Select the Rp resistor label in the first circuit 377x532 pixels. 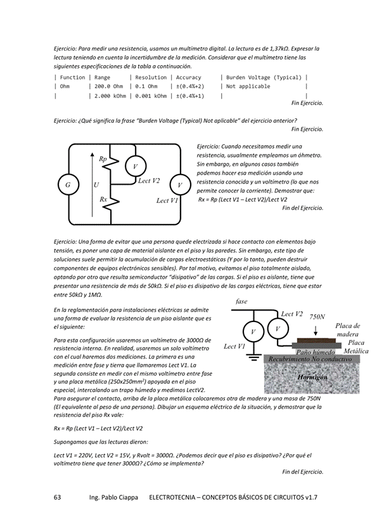point(103,158)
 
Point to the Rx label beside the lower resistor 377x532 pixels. point(103,199)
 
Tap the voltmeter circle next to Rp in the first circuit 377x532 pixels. point(134,166)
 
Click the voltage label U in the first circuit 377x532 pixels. point(96,185)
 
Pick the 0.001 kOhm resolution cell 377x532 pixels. point(148,96)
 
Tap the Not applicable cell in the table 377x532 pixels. point(248,86)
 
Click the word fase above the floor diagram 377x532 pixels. point(241,302)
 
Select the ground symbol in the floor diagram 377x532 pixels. point(253,357)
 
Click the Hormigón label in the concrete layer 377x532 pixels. point(312,376)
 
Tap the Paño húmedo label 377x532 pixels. point(316,351)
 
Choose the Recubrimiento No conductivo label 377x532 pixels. point(310,359)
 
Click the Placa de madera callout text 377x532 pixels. point(347,330)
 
